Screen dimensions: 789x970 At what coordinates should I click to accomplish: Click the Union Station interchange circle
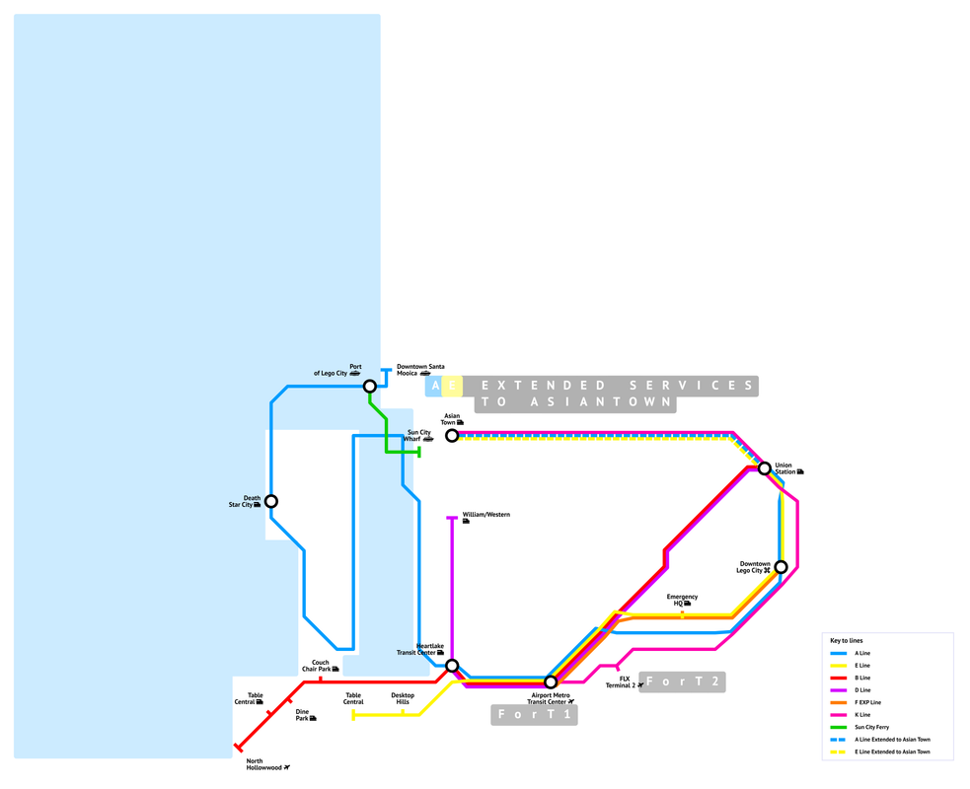tap(764, 468)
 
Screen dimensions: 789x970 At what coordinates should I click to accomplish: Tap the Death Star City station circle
tap(271, 501)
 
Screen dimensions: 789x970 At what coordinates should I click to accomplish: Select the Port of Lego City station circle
tap(369, 386)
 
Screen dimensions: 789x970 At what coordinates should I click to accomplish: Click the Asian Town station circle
tap(452, 435)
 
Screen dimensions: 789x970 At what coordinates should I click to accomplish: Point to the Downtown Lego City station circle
tap(781, 567)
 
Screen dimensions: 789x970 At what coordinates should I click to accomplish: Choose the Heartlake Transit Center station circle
tap(452, 666)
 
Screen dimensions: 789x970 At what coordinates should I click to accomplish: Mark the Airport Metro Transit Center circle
tap(551, 681)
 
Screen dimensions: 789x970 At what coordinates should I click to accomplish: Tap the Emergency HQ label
tap(682, 600)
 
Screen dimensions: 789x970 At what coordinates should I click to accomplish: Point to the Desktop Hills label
tap(403, 698)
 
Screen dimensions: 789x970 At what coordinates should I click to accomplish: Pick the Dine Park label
tap(304, 714)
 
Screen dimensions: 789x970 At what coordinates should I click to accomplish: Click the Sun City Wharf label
tap(419, 435)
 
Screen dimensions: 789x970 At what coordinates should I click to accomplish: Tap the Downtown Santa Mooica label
tap(420, 369)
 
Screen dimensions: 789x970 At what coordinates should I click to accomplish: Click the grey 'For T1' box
tap(534, 714)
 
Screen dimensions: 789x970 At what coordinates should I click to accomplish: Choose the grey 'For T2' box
tap(682, 681)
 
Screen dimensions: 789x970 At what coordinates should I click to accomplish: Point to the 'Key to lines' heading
tap(847, 640)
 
